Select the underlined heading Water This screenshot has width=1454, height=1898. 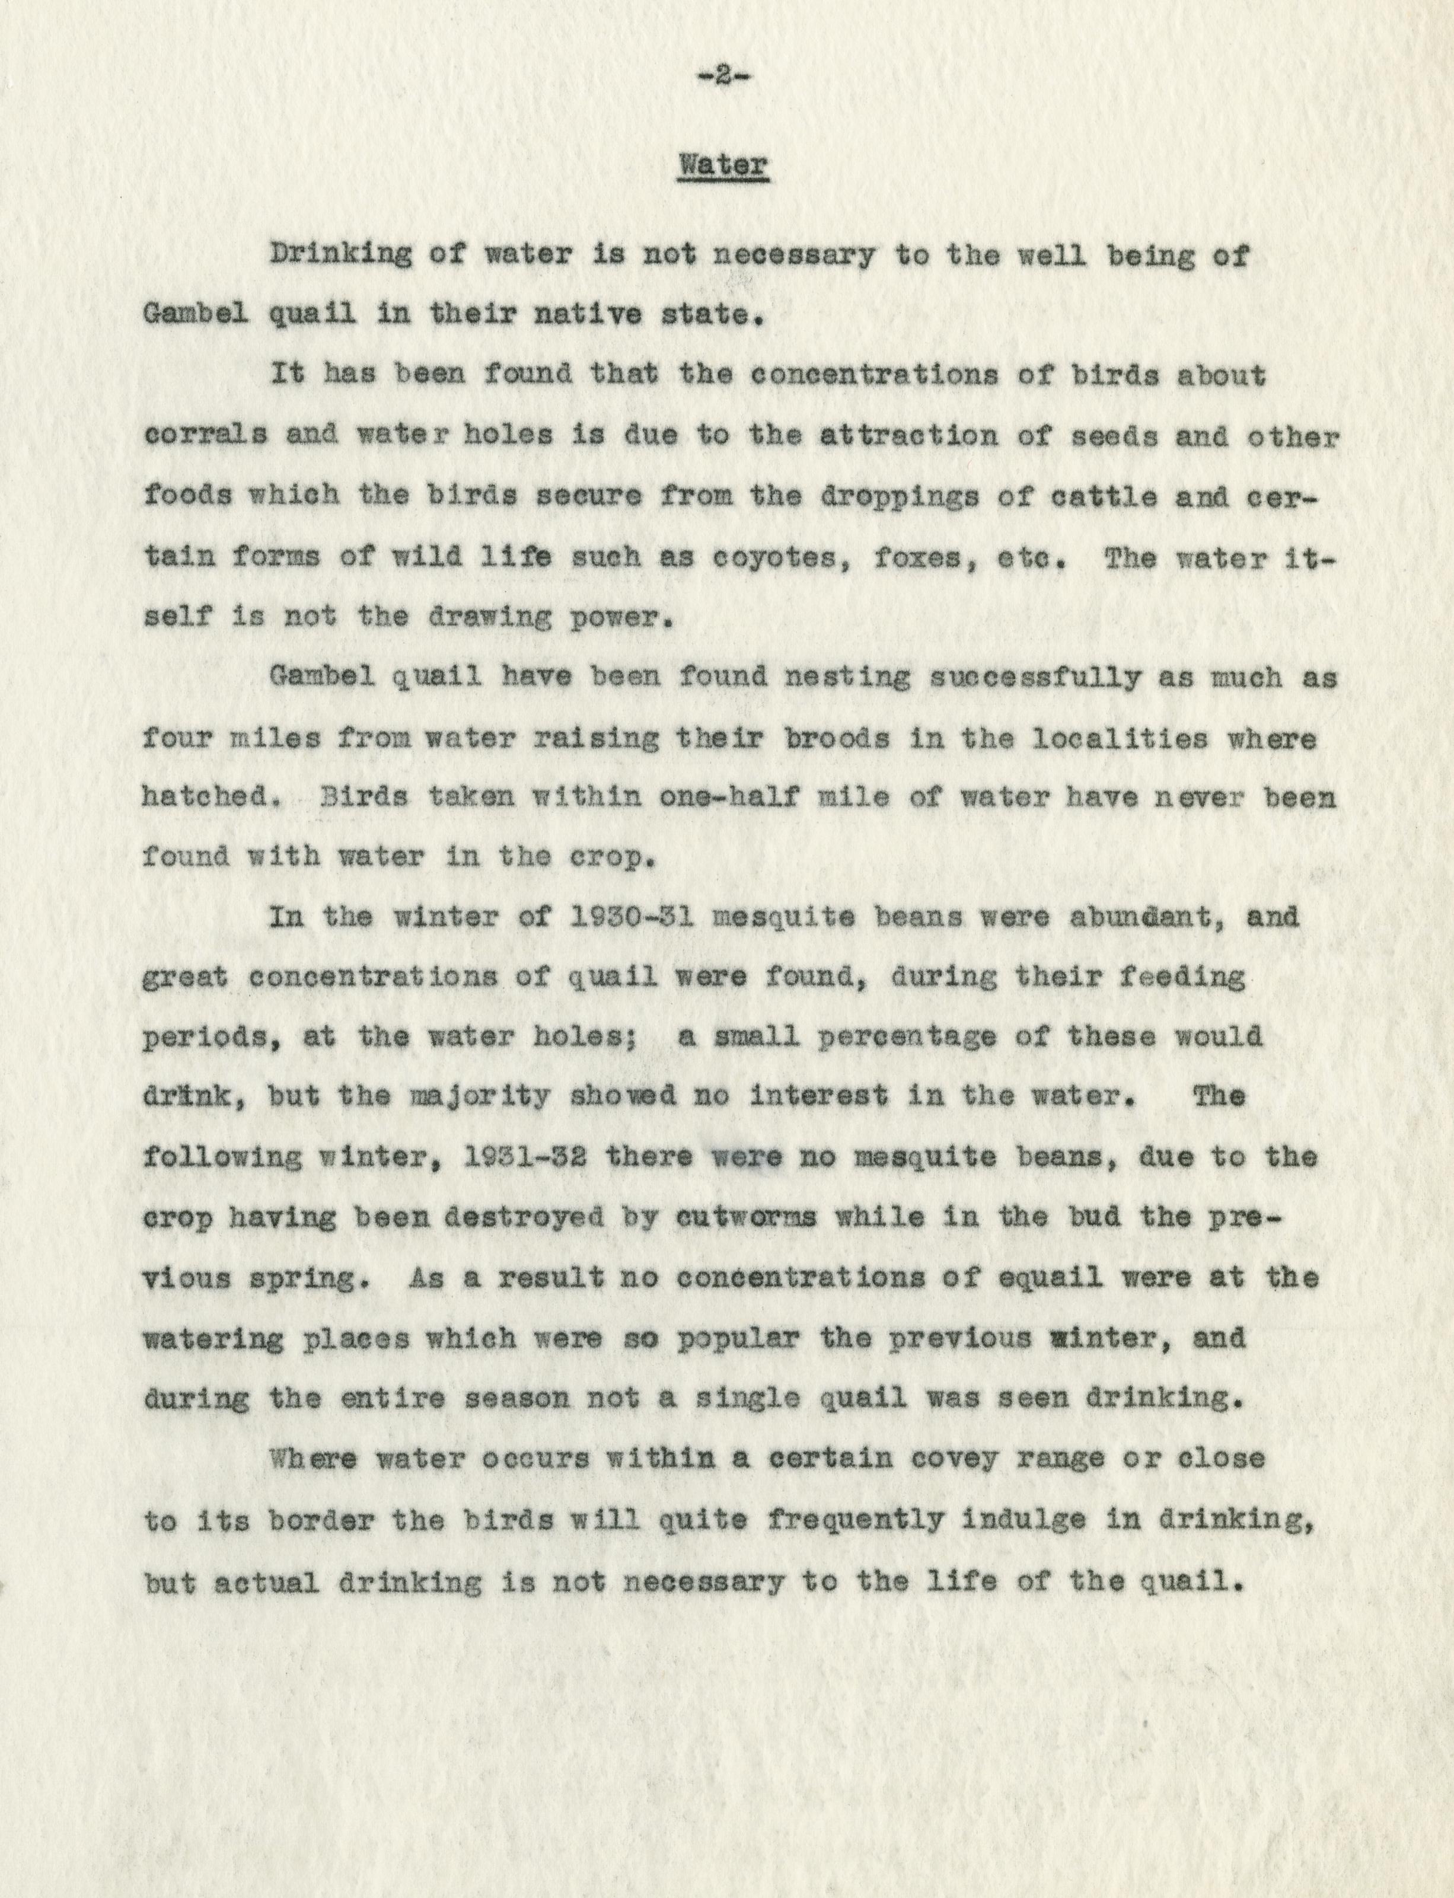click(x=723, y=164)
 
